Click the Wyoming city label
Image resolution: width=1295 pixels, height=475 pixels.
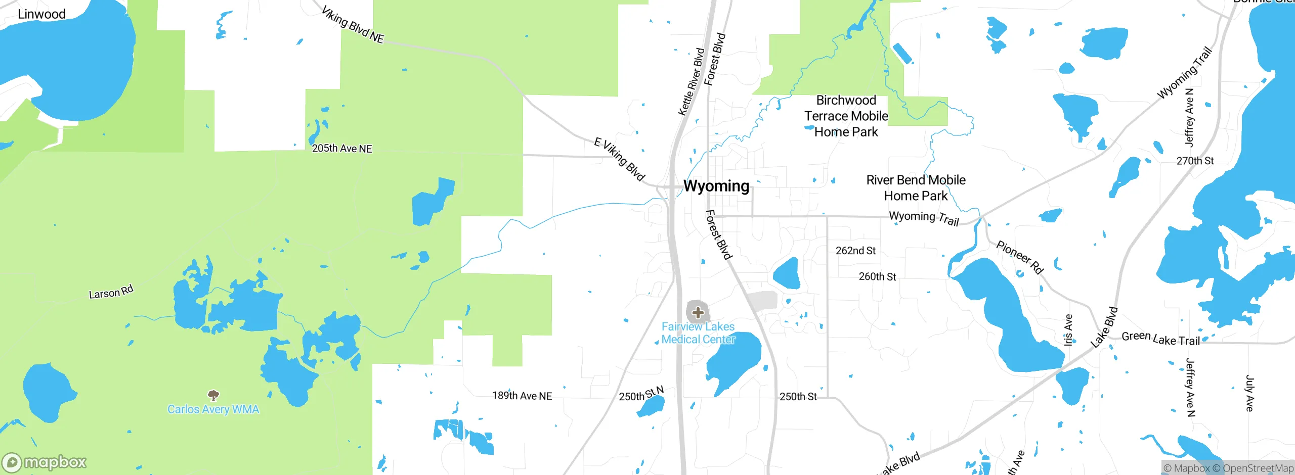716,186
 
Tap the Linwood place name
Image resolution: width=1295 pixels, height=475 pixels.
41,14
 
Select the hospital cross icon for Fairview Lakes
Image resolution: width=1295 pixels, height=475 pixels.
698,313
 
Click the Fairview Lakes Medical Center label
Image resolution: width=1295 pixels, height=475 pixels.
698,333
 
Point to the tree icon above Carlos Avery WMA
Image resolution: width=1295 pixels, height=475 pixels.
213,395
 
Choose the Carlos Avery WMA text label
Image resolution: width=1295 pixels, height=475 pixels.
213,409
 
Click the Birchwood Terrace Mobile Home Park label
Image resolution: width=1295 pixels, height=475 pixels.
846,116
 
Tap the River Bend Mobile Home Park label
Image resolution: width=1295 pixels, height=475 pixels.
916,188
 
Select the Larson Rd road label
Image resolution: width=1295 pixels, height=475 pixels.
111,292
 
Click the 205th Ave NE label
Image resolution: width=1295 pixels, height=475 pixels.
342,149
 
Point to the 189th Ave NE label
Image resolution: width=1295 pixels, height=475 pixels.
522,396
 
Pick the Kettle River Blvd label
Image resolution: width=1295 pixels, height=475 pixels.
691,82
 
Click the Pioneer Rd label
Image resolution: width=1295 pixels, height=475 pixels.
1020,257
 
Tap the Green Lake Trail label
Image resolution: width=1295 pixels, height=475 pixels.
1161,339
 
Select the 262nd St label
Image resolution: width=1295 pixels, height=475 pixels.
855,251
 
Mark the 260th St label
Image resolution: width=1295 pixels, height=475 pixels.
877,277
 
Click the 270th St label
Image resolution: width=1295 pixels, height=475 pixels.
1195,161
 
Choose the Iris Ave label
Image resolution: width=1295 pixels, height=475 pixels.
1068,330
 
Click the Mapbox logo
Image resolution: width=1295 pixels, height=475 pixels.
45,462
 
